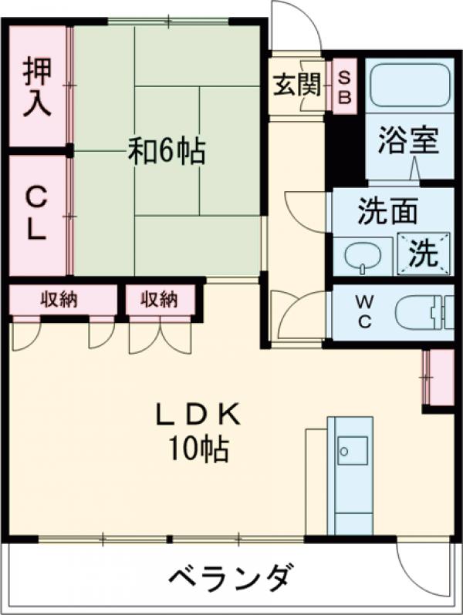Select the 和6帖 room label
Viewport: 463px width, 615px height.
pos(166,151)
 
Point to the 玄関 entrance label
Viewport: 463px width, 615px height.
pos(296,85)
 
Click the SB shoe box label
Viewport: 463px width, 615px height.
pos(345,86)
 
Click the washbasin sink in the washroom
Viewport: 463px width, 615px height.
pos(360,256)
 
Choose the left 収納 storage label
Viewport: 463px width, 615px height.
pos(59,299)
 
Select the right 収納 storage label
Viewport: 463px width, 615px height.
pos(159,299)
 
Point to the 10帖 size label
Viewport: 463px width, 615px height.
pos(199,449)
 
